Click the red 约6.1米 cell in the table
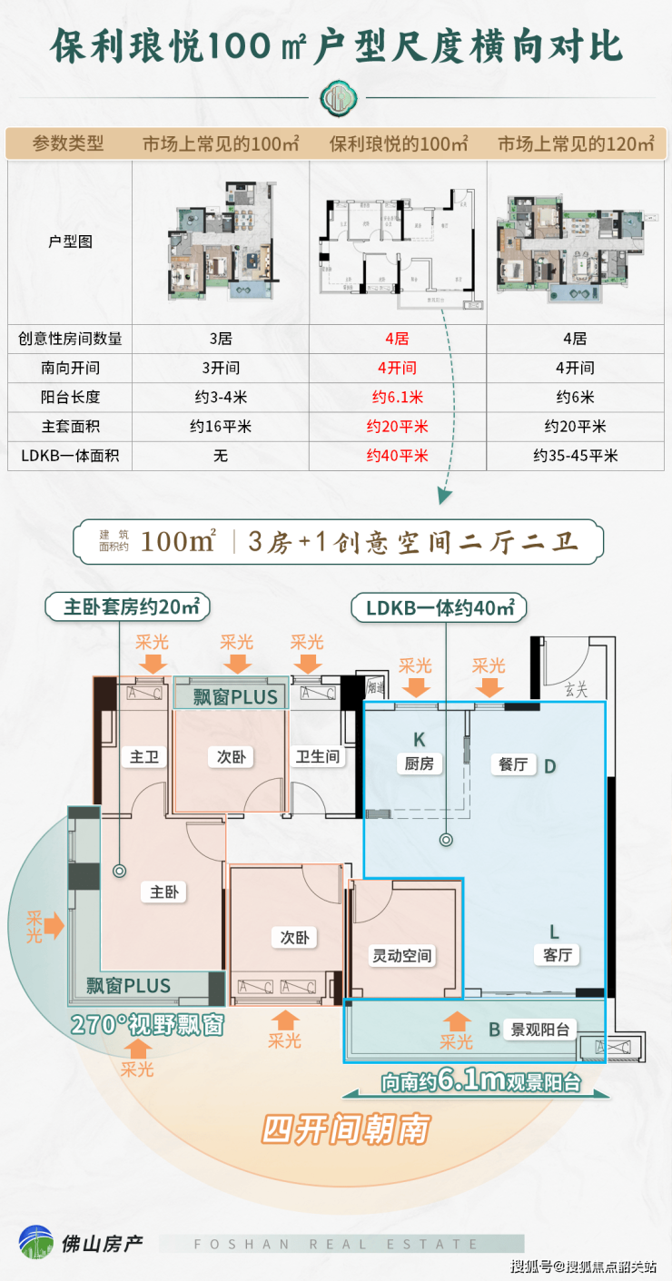[x=397, y=397]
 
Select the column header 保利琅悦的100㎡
[x=398, y=143]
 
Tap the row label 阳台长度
[x=70, y=397]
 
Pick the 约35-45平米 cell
[x=574, y=455]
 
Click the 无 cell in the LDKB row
[x=220, y=455]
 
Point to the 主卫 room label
[x=144, y=756]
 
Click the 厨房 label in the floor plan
[x=419, y=764]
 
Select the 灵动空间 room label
[x=402, y=955]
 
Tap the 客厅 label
[x=556, y=954]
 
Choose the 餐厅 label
[x=513, y=764]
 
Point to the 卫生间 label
[x=318, y=756]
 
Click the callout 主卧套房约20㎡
[x=132, y=607]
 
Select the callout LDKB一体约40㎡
[x=440, y=607]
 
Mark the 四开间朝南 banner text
[x=345, y=1128]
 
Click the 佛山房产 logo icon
[x=36, y=1243]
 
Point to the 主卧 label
[x=163, y=892]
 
